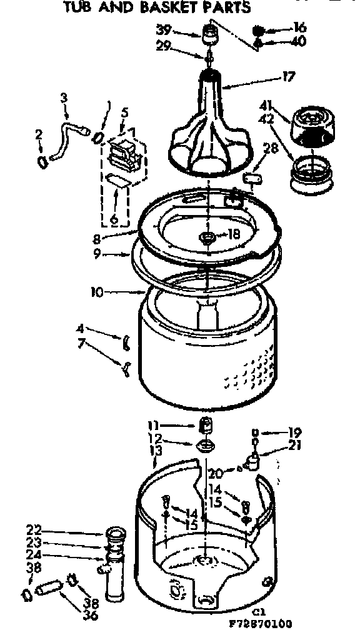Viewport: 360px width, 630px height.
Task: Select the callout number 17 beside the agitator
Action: coord(289,77)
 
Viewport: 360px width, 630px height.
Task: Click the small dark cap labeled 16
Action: coord(258,30)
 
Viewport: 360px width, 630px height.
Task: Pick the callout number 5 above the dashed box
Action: coord(125,113)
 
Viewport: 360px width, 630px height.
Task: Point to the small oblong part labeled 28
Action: coord(252,177)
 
